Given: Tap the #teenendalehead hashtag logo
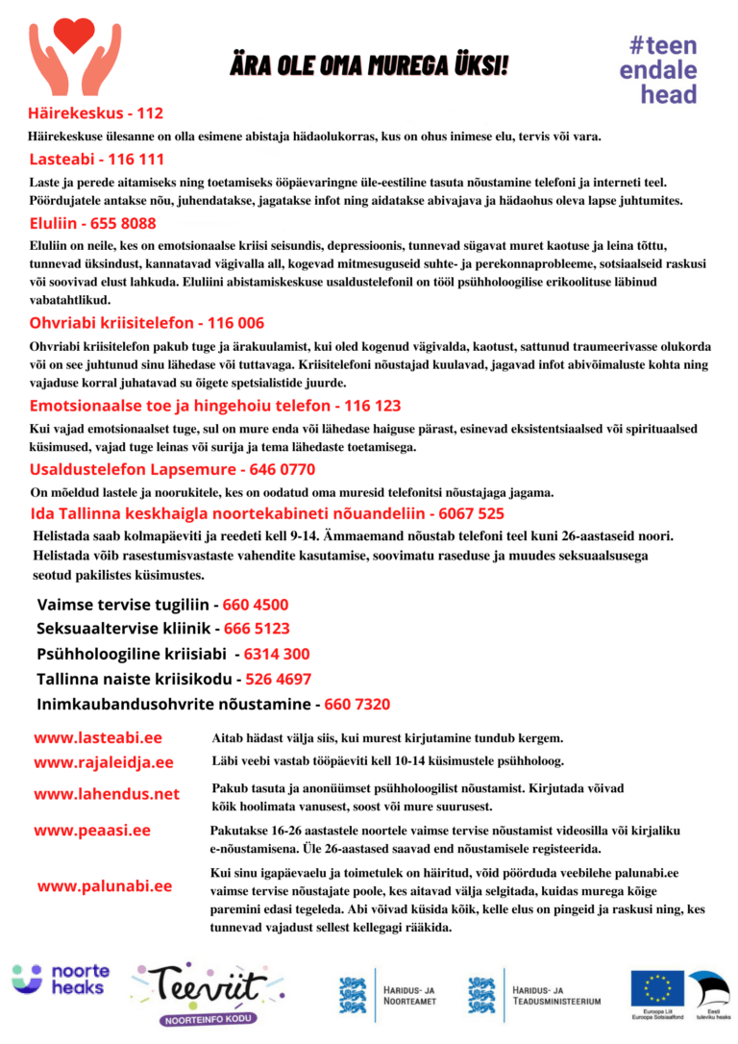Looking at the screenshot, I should click(x=658, y=70).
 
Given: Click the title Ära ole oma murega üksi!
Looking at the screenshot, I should click(x=369, y=65).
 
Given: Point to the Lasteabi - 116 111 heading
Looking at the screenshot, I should click(x=96, y=159).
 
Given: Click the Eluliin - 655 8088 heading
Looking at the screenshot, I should click(x=92, y=223).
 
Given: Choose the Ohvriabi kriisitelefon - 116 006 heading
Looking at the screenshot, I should click(x=146, y=323).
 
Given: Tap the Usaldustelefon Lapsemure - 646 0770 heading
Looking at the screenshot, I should click(x=172, y=469).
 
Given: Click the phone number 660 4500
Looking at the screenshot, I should click(x=256, y=605).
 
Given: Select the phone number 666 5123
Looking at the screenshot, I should click(x=257, y=629).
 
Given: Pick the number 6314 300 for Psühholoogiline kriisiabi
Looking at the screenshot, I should click(x=277, y=654).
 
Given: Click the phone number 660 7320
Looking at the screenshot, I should click(x=357, y=704).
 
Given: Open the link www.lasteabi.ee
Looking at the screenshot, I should click(x=98, y=737).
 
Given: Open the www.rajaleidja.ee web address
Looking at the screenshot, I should click(x=104, y=762).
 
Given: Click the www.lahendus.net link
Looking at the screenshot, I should click(x=107, y=794).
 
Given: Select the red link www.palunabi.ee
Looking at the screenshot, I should click(x=105, y=885).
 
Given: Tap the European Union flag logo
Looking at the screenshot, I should click(x=657, y=987).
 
